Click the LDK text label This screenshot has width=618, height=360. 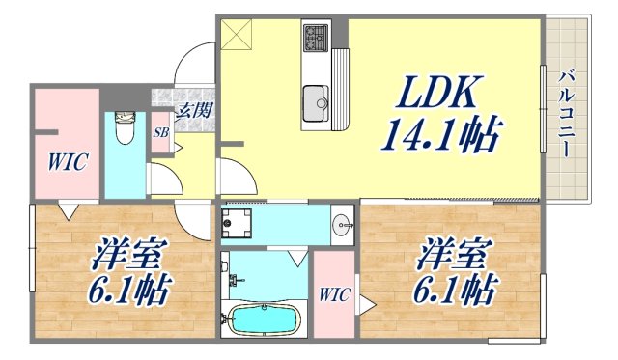pyautogui.click(x=435, y=93)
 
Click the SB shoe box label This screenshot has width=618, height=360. pyautogui.click(x=160, y=133)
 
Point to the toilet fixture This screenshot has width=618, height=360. pyautogui.click(x=123, y=126)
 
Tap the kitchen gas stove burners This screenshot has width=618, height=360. pyautogui.click(x=317, y=39)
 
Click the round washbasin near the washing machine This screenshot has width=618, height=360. pyautogui.click(x=342, y=226)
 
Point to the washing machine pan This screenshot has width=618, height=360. pyautogui.click(x=237, y=225)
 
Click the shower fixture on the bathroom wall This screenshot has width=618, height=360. pyautogui.click(x=235, y=281)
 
